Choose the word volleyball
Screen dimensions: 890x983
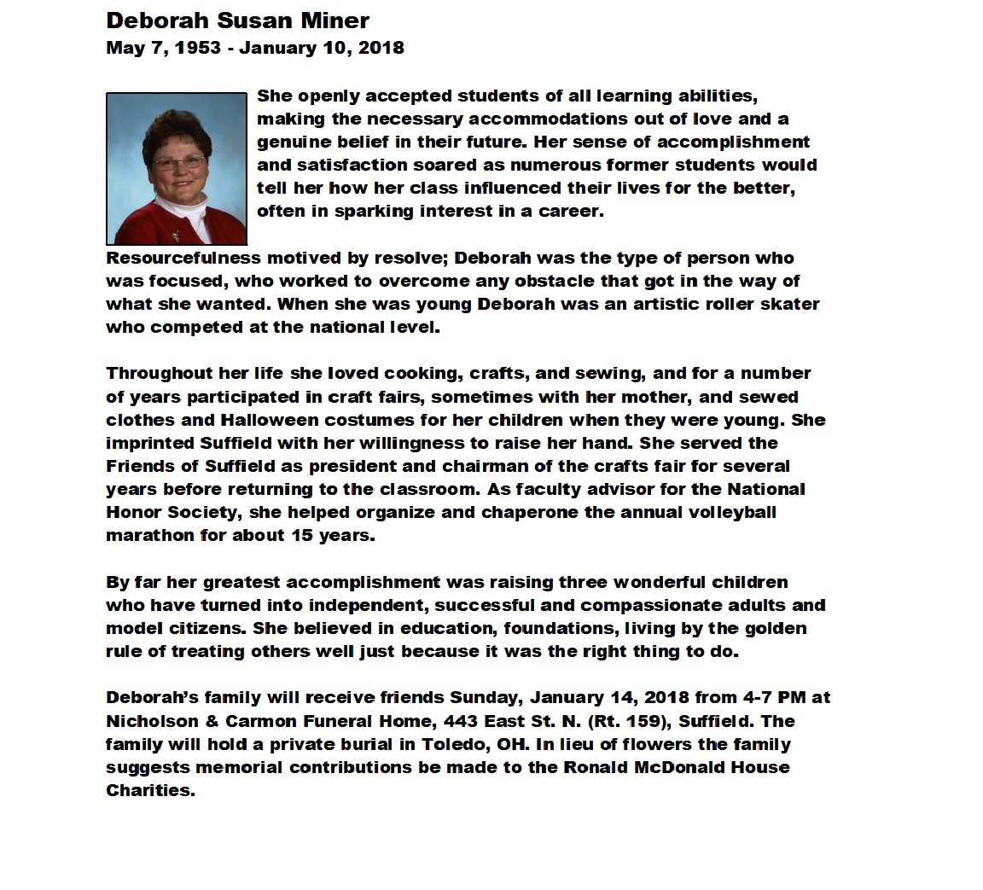tap(730, 513)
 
